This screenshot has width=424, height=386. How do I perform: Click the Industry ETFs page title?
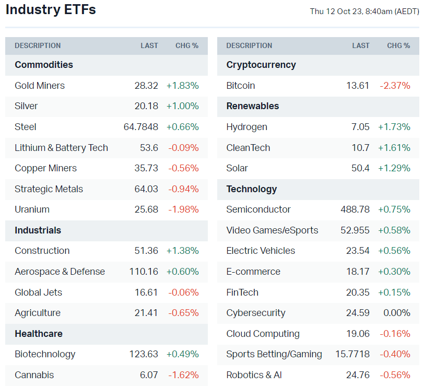click(x=51, y=10)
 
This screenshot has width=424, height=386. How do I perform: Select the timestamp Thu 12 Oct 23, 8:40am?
click(x=364, y=11)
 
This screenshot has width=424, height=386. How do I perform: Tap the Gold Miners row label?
click(x=40, y=86)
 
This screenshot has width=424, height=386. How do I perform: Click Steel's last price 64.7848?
click(x=138, y=127)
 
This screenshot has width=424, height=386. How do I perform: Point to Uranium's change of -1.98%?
click(x=183, y=209)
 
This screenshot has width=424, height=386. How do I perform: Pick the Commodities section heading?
click(x=44, y=65)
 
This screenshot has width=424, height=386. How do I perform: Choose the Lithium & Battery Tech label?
click(x=61, y=148)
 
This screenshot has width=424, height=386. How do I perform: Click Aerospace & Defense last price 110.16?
click(x=144, y=272)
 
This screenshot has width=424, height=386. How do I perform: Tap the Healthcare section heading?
click(x=39, y=334)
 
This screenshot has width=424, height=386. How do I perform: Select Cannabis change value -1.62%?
click(x=183, y=375)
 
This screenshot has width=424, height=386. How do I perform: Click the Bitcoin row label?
click(x=241, y=86)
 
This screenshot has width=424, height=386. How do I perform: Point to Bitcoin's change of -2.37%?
click(x=395, y=86)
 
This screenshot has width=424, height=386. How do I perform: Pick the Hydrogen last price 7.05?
click(x=360, y=127)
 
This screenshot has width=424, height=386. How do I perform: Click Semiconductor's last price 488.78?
click(x=355, y=209)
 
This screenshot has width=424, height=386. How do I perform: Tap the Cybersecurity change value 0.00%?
click(x=397, y=313)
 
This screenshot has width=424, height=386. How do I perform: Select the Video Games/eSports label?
click(x=272, y=230)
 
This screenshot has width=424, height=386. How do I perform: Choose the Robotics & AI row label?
click(x=254, y=375)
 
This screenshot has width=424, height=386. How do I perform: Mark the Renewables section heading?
click(x=253, y=106)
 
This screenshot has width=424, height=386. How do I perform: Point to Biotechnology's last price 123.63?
click(x=144, y=354)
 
